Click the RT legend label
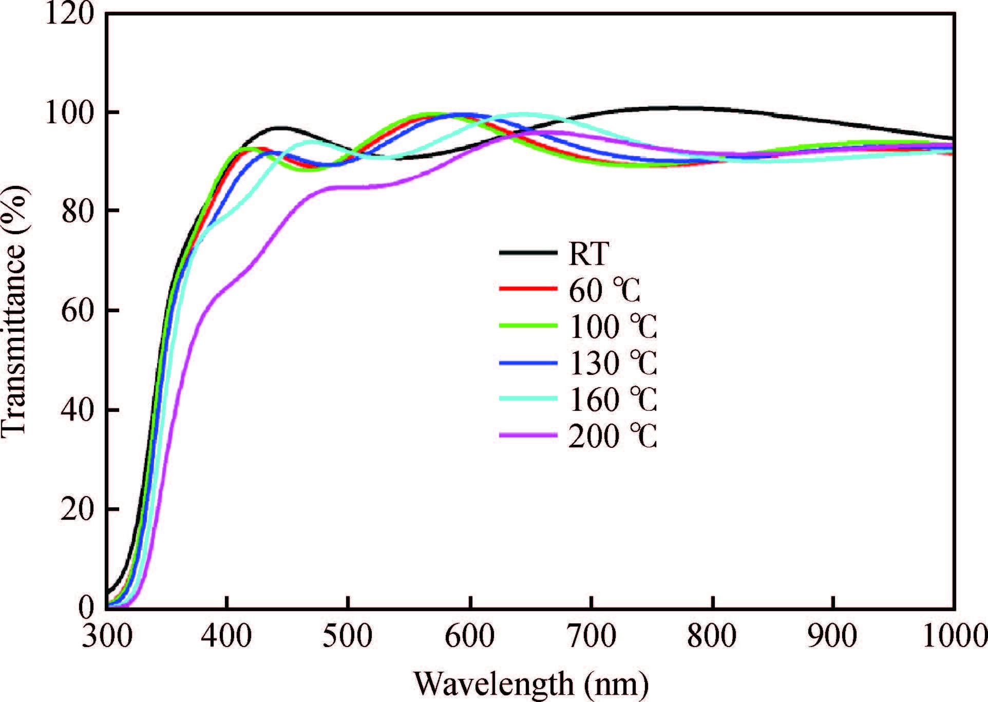coord(588,253)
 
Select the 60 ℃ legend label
coord(604,290)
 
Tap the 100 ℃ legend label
coord(613,327)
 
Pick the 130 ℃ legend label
coord(613,363)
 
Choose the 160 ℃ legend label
coord(613,400)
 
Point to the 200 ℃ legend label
coord(613,437)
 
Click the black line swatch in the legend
coord(528,253)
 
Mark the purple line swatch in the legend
coord(528,435)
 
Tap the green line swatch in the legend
coord(528,326)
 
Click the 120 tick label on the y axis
coord(70,14)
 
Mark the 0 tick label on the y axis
coord(86,607)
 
